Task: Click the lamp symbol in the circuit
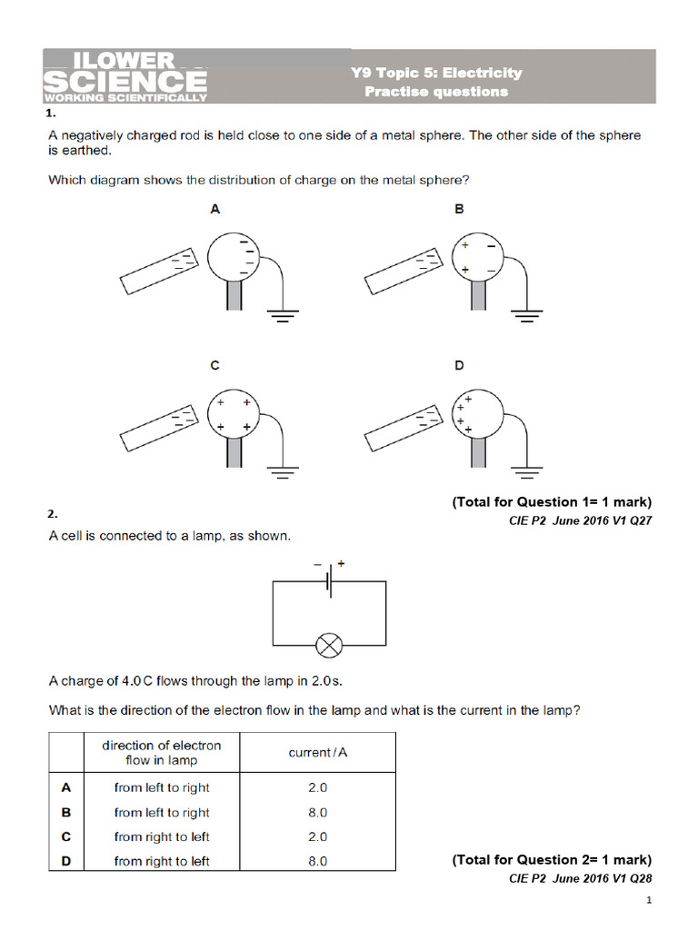(x=327, y=646)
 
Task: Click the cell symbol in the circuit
(x=329, y=582)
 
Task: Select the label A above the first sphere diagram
(x=215, y=209)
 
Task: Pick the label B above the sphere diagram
(x=460, y=209)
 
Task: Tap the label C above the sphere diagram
(x=215, y=366)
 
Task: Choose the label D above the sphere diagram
(x=460, y=366)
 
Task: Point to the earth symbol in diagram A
(x=284, y=315)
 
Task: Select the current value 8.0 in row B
(x=318, y=813)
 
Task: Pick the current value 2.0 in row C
(x=318, y=836)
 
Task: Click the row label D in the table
(x=66, y=861)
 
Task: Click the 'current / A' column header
(x=318, y=753)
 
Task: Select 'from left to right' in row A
(x=162, y=788)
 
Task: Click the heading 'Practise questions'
(x=436, y=92)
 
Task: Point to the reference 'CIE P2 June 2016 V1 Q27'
(x=580, y=520)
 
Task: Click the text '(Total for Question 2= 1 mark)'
(x=552, y=859)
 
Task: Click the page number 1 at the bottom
(x=649, y=900)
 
